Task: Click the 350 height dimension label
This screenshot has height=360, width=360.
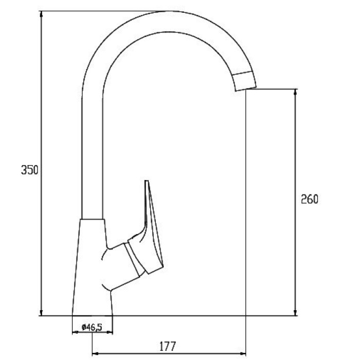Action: (29, 170)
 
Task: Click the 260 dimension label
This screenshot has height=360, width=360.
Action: (310, 199)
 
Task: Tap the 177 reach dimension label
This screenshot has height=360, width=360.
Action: (168, 346)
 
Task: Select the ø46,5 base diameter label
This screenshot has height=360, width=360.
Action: (92, 327)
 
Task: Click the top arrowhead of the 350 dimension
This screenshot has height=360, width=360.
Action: (41, 14)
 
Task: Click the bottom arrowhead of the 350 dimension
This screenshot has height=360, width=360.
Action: (41, 312)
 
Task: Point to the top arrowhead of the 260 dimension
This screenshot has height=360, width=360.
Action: (296, 92)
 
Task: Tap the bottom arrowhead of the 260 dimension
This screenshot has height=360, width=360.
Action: (296, 312)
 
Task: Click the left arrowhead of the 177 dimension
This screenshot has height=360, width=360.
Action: (96, 354)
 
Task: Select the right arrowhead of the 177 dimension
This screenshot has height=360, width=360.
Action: (242, 354)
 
